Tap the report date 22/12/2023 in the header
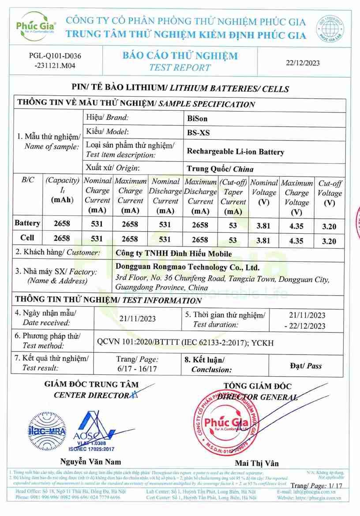(x=302, y=63)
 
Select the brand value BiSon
(x=197, y=118)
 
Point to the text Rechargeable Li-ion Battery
(x=236, y=152)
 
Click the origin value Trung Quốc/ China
(x=220, y=168)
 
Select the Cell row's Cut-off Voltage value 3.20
(x=329, y=241)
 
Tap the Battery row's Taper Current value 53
(x=233, y=225)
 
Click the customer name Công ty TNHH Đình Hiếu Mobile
(x=173, y=254)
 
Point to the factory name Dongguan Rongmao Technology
(x=187, y=267)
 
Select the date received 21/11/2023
(x=138, y=318)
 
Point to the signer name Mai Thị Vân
(x=257, y=463)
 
